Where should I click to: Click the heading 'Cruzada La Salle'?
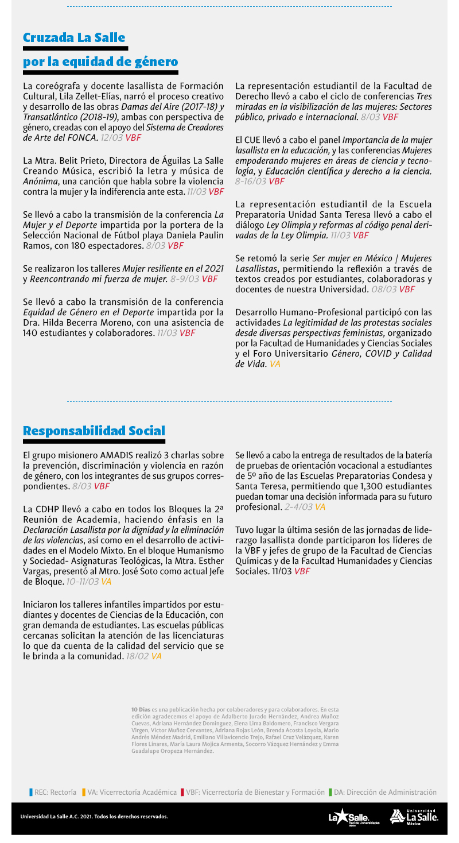tap(74, 38)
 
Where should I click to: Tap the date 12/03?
tap(111, 138)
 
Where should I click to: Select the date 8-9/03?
tap(185, 279)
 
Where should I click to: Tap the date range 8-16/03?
tap(251, 181)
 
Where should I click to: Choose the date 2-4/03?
tap(298, 507)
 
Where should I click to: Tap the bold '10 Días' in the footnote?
tap(141, 710)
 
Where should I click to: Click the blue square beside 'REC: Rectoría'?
tap(31, 792)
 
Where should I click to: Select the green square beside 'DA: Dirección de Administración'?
tap(330, 792)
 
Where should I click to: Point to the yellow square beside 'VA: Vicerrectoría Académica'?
tap(84, 792)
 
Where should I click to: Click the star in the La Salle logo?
tap(343, 816)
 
